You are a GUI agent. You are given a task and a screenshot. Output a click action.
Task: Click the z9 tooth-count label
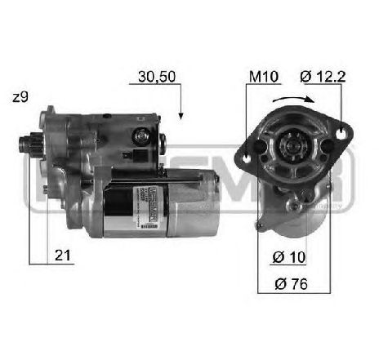pos(21,97)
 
